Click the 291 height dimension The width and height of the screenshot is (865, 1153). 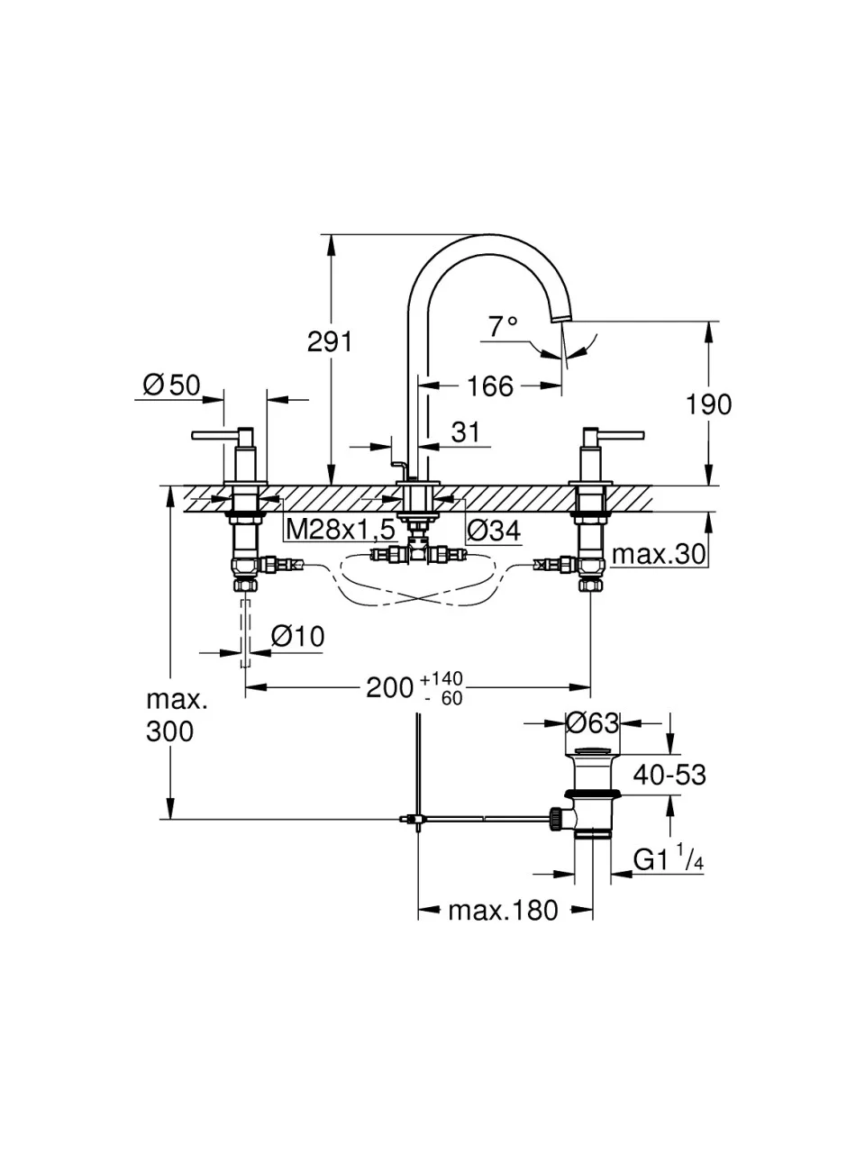click(330, 342)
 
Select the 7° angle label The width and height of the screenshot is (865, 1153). click(504, 326)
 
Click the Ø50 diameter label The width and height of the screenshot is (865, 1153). click(171, 386)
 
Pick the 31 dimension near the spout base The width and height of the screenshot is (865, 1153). click(465, 432)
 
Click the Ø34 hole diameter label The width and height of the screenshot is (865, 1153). click(494, 531)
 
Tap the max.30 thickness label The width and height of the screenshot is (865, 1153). click(659, 554)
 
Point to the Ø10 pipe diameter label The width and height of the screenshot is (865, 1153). click(297, 637)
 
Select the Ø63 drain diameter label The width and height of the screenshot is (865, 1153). click(591, 722)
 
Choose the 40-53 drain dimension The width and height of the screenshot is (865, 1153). click(669, 774)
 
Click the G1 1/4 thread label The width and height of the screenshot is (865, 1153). click(668, 860)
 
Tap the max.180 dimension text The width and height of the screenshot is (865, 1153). click(503, 911)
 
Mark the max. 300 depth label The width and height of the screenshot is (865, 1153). click(170, 715)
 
